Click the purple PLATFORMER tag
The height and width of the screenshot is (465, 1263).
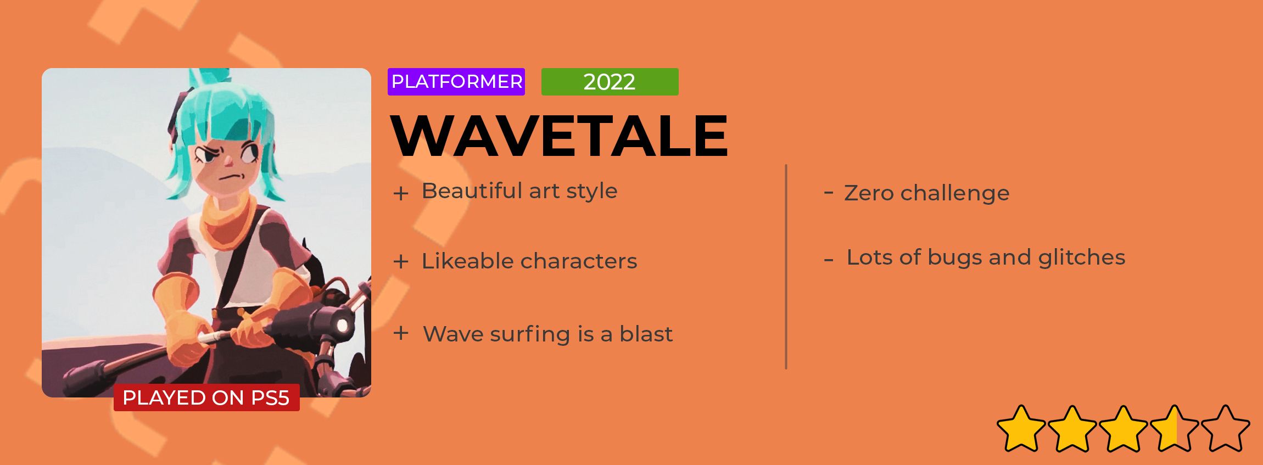456,82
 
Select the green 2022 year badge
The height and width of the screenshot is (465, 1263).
610,82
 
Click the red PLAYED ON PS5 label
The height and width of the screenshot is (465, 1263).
206,397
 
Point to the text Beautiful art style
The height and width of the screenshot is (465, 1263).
519,191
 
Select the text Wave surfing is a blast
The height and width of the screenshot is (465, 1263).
547,334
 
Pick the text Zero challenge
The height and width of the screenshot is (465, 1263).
926,193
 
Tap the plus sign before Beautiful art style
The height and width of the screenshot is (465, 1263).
401,193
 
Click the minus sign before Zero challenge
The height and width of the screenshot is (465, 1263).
829,192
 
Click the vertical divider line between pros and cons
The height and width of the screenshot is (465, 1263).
786,267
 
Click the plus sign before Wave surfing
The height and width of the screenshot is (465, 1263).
401,333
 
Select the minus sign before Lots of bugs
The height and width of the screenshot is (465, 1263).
829,260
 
